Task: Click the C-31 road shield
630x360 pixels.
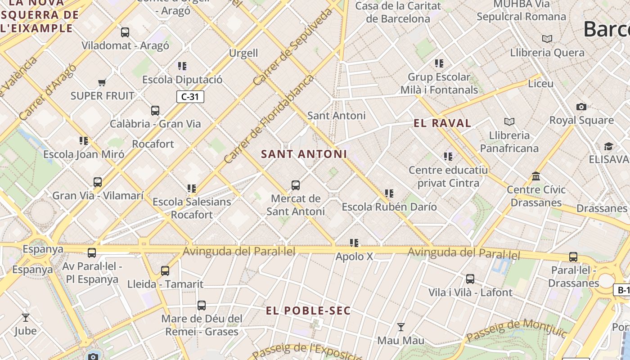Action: tap(190, 97)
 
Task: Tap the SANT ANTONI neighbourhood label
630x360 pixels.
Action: tap(304, 154)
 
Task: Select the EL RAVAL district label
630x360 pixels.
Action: tap(442, 123)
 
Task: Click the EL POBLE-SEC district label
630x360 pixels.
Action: tap(308, 311)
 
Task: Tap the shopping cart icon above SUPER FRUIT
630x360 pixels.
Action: tap(102, 82)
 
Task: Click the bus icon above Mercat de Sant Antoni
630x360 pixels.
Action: tap(296, 185)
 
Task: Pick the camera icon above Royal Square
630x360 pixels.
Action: tap(581, 107)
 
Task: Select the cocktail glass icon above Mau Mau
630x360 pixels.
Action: tap(400, 327)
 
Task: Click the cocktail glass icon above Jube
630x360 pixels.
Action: tap(26, 317)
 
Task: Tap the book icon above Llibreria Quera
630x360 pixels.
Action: tap(547, 39)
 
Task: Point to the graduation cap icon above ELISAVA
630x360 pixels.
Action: tap(608, 146)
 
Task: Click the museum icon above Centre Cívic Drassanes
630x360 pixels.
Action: tap(535, 176)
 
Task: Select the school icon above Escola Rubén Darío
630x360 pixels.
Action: tap(389, 193)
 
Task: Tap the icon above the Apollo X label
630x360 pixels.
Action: tap(355, 243)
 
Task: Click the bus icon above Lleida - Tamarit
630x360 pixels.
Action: tap(165, 270)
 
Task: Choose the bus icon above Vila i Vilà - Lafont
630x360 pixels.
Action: tap(470, 279)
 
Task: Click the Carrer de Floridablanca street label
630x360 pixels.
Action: tap(269, 119)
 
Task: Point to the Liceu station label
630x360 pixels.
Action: tap(540, 84)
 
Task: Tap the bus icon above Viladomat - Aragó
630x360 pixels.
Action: tap(125, 32)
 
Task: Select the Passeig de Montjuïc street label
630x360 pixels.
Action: tap(517, 331)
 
